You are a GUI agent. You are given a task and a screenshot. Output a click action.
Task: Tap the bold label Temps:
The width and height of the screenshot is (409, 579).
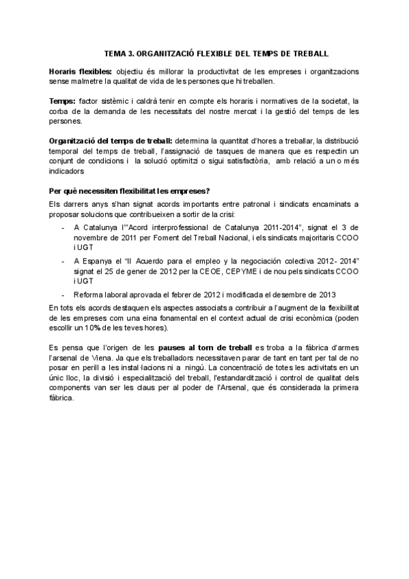click(x=62, y=101)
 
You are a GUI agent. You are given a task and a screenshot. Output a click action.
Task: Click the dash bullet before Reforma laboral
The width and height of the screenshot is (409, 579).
click(x=64, y=295)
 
